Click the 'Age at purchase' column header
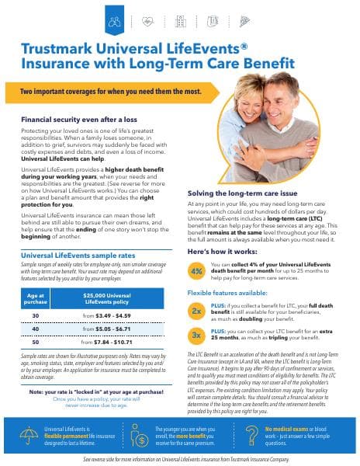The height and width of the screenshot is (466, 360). [36, 297]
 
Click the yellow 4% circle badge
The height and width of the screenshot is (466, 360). [196, 270]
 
